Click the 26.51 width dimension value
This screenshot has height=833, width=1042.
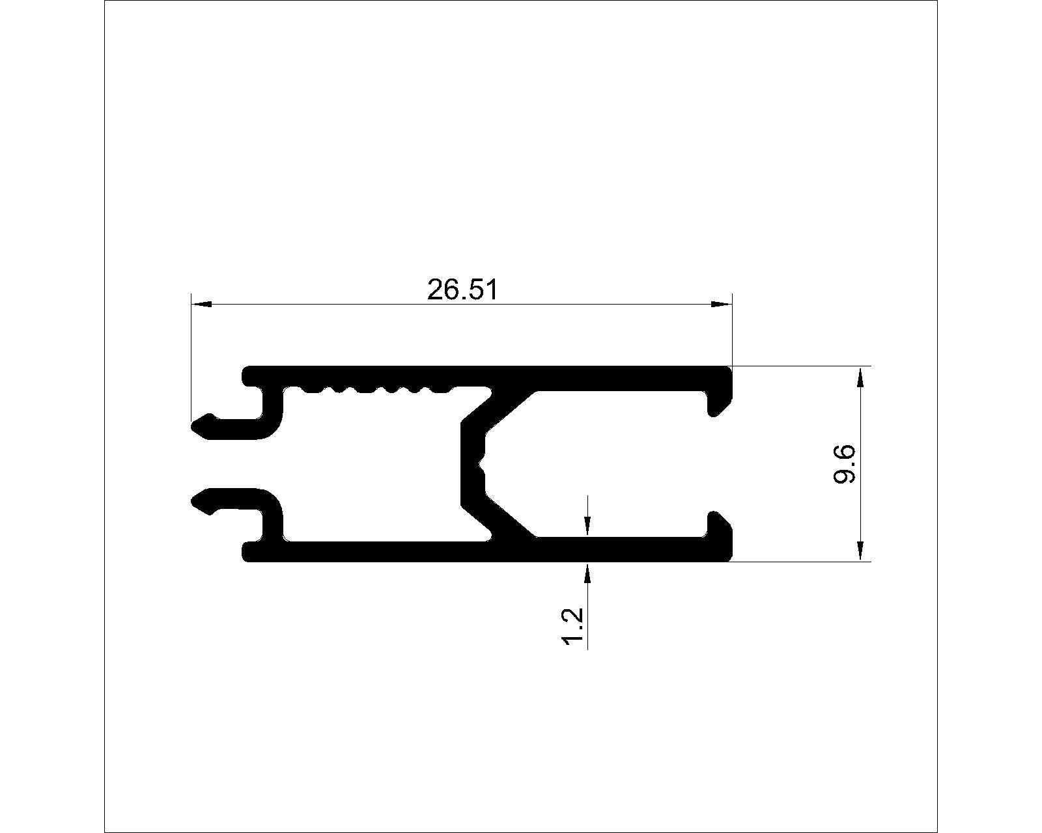pos(462,291)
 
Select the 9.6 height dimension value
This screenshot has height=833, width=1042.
pos(845,464)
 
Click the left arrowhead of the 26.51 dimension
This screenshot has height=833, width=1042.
pos(202,305)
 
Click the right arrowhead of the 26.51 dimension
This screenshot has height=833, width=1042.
pos(721,305)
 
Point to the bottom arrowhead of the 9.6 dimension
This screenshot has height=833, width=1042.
pos(860,551)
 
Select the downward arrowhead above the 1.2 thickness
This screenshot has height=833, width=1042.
pos(587,526)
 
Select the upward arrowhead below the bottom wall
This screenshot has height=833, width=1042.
pos(587,573)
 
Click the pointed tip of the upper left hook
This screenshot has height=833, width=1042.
pos(193,427)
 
